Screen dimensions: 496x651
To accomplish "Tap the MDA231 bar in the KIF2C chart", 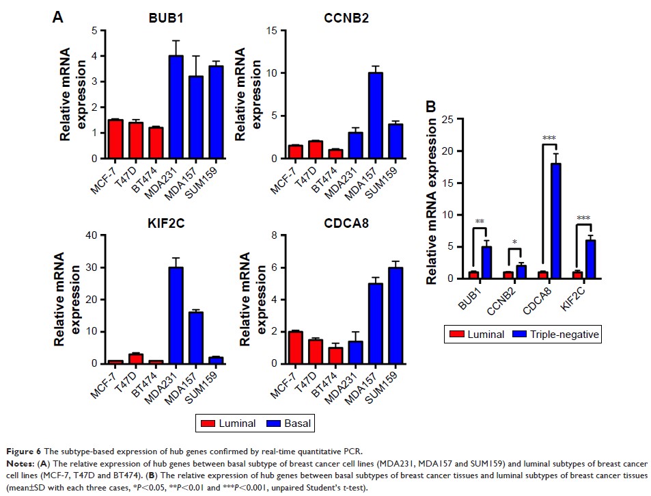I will (x=158, y=315).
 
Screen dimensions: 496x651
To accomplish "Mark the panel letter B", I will (x=432, y=107).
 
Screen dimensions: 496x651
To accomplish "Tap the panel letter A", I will (x=58, y=17).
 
